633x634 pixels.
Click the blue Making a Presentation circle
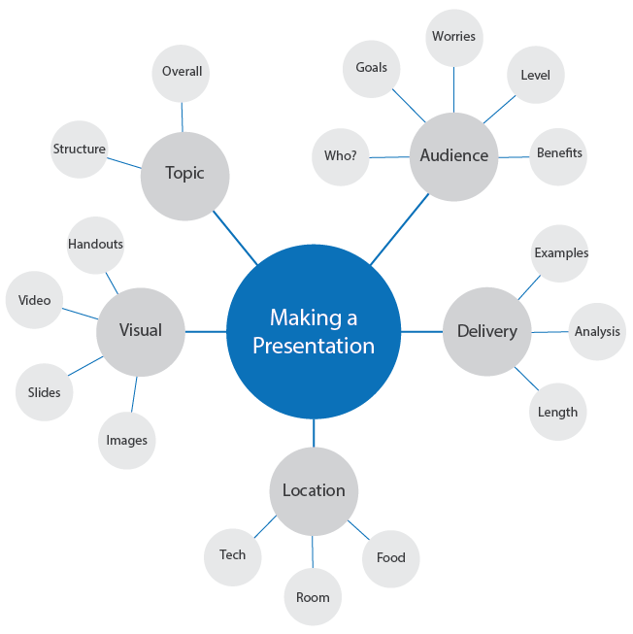point(314,331)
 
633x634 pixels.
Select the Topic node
point(184,175)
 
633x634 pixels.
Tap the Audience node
point(453,155)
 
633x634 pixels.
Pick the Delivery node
point(486,332)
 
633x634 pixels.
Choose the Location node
point(314,490)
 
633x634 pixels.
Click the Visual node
point(140,331)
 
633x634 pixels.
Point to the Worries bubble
point(453,37)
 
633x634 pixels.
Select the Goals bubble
point(371,68)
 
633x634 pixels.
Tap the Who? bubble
point(340,156)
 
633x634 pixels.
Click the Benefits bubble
point(559,153)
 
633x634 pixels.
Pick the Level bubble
point(535,75)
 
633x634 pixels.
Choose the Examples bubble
point(561,253)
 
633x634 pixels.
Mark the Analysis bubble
point(596,332)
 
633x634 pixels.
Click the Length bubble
point(557,412)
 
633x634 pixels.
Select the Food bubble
point(390,558)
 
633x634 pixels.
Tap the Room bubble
point(313,597)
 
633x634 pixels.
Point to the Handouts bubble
point(95,245)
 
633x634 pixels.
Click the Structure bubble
point(79,150)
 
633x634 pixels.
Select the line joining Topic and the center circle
point(235,236)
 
